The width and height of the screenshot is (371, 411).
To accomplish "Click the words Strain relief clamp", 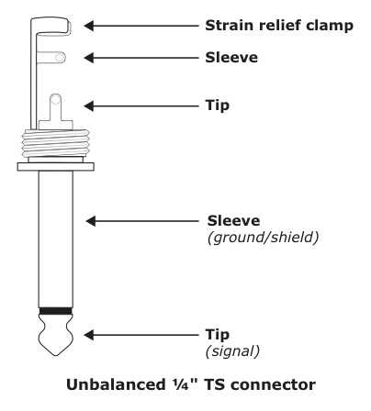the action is tap(279, 26).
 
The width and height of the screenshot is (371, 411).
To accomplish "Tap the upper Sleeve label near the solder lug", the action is tap(231, 58).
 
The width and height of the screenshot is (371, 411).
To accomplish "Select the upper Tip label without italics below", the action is tap(218, 106).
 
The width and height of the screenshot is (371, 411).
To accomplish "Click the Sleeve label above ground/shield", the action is tap(233, 221).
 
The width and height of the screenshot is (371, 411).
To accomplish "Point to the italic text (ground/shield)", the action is tap(263, 238).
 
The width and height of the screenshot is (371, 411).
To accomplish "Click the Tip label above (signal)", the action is tap(218, 335).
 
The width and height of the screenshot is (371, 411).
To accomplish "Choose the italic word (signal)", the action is tap(232, 351).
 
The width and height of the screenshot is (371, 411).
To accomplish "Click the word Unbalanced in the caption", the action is tap(116, 384).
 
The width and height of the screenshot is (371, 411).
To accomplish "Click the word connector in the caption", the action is tap(273, 385).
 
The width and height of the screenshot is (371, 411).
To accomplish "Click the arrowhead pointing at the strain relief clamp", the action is tap(89, 26).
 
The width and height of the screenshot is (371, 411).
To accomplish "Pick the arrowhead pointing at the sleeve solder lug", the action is tap(89, 58).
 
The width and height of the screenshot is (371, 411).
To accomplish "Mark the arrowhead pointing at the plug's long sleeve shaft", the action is tap(91, 221).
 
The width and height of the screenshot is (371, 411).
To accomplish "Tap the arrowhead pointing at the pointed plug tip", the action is tap(89, 335).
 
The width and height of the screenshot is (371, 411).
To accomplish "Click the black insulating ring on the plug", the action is tap(56, 311).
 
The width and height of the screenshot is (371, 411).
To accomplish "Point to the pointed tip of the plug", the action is tap(56, 355).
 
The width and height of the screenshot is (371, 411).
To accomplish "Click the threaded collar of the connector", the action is tap(56, 143).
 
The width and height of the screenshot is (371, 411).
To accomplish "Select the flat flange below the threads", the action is tap(56, 167).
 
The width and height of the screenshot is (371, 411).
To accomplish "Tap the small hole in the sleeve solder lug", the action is tap(61, 58).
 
